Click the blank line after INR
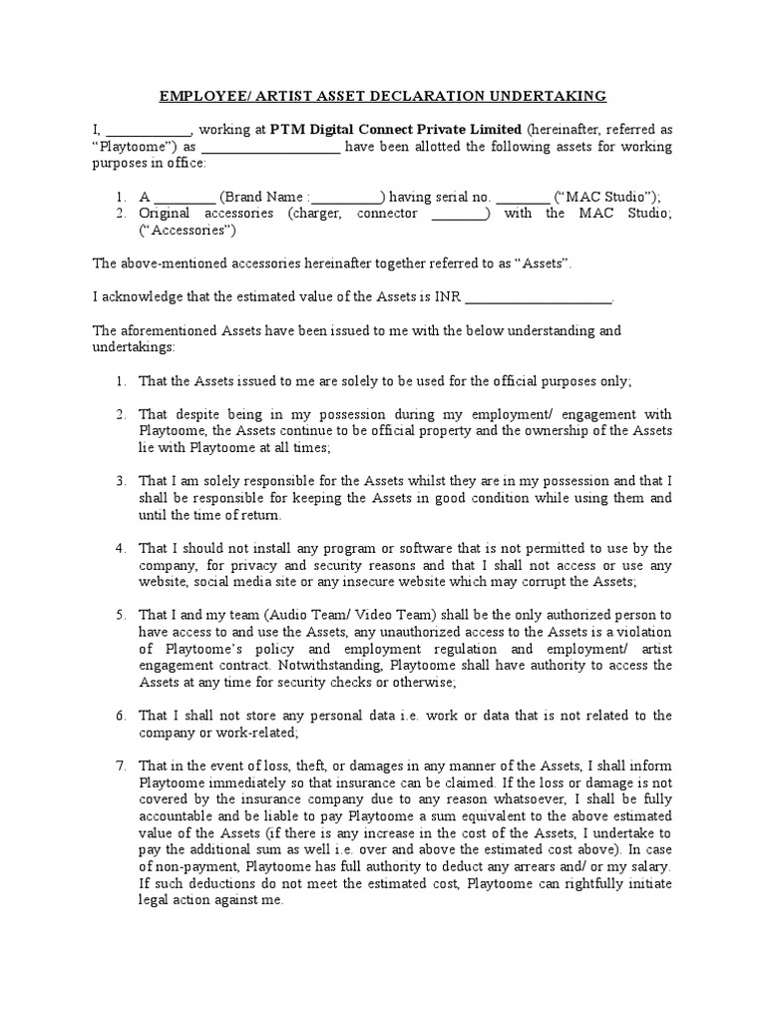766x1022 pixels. point(539,296)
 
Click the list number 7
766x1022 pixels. point(120,766)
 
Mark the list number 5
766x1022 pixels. point(120,616)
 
